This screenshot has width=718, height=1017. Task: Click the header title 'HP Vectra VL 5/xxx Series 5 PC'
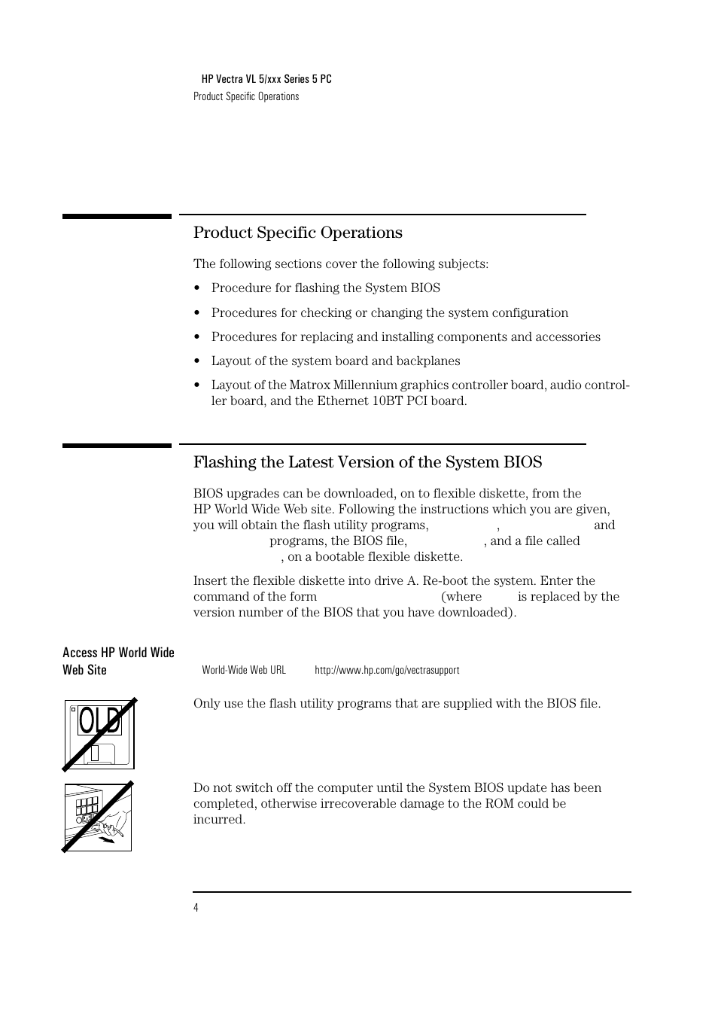(266, 79)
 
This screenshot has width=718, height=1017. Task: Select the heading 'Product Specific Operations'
(297, 233)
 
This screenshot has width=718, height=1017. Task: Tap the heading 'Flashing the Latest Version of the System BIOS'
(367, 462)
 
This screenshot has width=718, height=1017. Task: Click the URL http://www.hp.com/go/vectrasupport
(387, 670)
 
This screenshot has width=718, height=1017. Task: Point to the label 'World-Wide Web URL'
(244, 670)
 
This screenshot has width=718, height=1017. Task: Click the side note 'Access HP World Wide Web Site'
(118, 661)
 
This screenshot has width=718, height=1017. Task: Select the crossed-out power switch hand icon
(98, 817)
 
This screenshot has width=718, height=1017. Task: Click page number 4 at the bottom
(196, 908)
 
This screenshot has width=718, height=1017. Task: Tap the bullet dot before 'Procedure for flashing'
(196, 288)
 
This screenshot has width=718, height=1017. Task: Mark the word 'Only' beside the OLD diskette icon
(207, 704)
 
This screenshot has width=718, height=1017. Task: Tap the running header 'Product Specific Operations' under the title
(246, 96)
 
